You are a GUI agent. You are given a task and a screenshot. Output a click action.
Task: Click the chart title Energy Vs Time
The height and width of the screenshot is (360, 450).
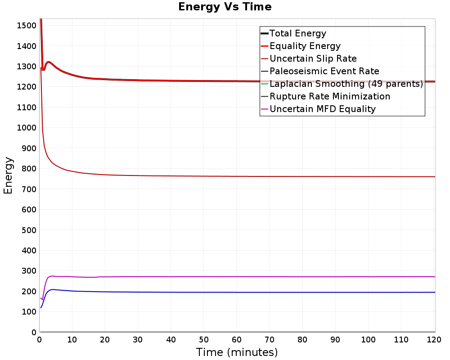click(x=225, y=7)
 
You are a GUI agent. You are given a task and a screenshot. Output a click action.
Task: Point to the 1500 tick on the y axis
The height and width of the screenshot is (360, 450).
click(x=27, y=26)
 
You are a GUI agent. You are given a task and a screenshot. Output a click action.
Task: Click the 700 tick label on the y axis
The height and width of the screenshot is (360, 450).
click(x=29, y=189)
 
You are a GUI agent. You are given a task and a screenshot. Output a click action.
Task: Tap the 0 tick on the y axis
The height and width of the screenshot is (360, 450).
click(x=34, y=332)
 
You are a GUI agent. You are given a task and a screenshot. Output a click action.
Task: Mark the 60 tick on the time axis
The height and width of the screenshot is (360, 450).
click(x=237, y=340)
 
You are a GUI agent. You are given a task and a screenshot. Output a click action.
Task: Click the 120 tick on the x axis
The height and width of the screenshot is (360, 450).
click(x=434, y=340)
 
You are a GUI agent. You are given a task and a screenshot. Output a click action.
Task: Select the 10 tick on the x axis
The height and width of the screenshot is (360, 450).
click(x=72, y=340)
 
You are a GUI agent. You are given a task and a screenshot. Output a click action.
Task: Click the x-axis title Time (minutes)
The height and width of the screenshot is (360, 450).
click(x=237, y=352)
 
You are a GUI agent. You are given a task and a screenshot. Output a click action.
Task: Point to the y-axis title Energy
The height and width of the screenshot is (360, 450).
click(x=8, y=175)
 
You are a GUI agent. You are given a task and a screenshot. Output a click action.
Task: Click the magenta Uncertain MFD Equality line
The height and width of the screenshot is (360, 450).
click(x=238, y=277)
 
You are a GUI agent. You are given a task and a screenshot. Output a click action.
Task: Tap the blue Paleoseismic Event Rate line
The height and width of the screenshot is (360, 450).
click(x=238, y=292)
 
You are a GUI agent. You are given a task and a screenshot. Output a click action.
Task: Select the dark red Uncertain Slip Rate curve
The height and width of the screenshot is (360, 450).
click(x=238, y=176)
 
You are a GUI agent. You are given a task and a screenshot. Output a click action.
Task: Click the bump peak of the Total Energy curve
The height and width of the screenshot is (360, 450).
click(x=49, y=62)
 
